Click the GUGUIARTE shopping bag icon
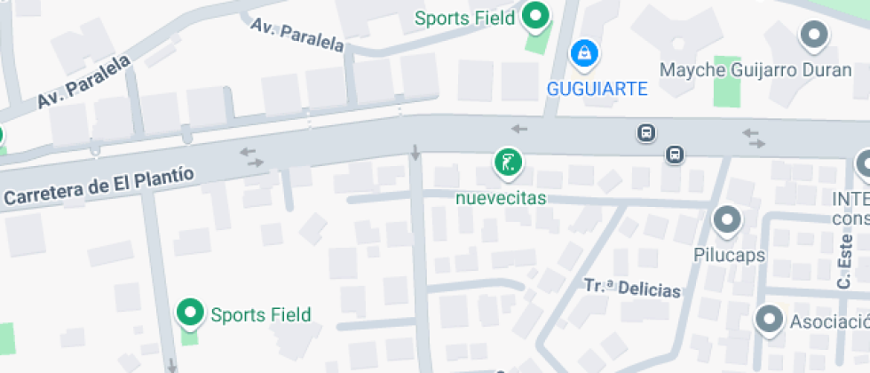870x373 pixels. coord(584,52)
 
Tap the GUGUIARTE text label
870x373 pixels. coord(597,89)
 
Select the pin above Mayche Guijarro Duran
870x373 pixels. coord(813,36)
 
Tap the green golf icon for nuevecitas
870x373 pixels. coord(508,163)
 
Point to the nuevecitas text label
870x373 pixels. coord(501,198)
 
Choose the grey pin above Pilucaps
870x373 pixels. coord(727,219)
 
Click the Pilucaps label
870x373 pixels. coord(729,255)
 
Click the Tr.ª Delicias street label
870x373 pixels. coord(633,288)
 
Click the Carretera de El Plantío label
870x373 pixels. coord(99,185)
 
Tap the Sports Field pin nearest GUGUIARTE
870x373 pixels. coord(534,16)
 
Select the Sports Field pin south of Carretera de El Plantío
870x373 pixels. coord(190,313)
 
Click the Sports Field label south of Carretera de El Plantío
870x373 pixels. coord(260,314)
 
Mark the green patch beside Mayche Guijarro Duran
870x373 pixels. coord(727,81)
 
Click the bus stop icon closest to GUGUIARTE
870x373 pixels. coord(646,133)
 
